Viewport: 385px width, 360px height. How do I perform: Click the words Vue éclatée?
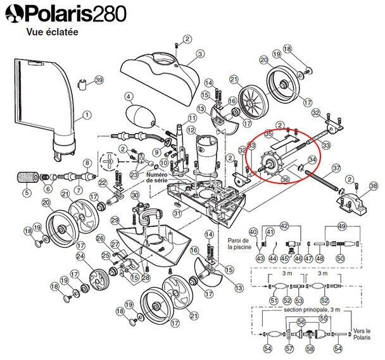pos(53,32)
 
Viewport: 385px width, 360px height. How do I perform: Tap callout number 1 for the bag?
pos(87,115)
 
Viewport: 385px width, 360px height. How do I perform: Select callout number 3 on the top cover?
pos(200,53)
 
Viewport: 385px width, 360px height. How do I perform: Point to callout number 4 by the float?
pos(128,96)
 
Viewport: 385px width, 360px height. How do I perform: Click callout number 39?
pos(99,80)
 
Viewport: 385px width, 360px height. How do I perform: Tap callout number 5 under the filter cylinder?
pos(27,192)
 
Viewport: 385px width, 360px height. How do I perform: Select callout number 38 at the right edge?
pos(374,186)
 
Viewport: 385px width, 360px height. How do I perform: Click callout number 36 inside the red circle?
pos(285,180)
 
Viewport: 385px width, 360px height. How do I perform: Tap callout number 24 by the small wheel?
pos(80,256)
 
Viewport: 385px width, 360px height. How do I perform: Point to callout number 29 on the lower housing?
pos(115,220)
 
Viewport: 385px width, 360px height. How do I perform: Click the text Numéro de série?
pos(157,177)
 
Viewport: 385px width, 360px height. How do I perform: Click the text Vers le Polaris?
pos(362,334)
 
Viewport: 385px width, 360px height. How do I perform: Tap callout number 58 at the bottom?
pos(310,349)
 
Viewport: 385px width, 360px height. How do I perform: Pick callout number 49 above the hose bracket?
pos(342,227)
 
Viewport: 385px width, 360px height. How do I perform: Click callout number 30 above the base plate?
pos(135,196)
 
